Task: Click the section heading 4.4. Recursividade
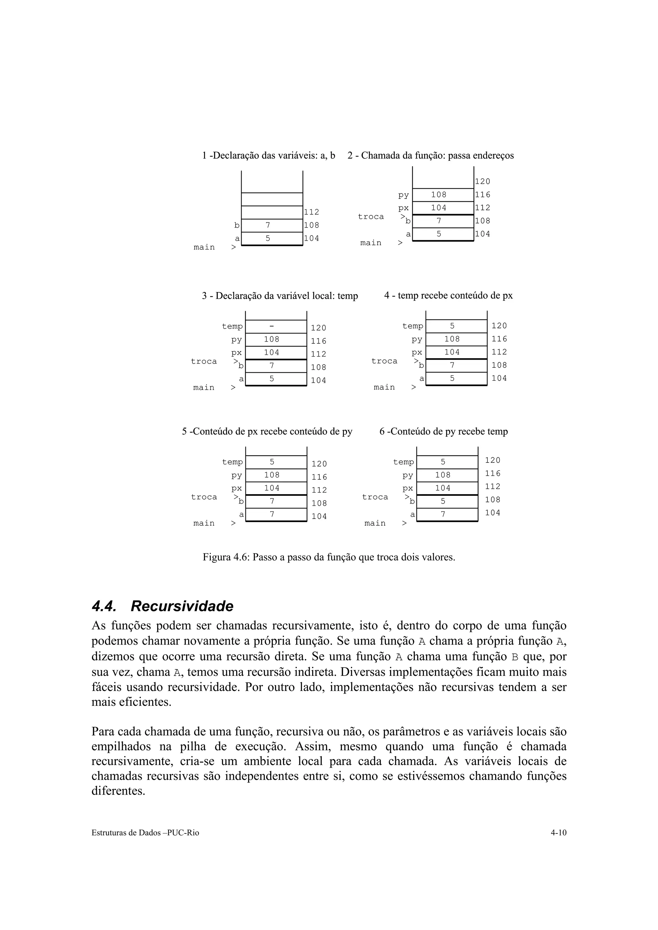(x=162, y=607)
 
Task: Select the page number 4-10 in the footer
(x=558, y=833)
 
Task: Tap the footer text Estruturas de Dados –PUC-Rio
(x=145, y=833)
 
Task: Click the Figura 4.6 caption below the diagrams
(x=329, y=557)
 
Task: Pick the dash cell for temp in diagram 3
(x=276, y=326)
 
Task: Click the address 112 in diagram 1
(x=311, y=212)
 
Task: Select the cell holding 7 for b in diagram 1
(x=271, y=225)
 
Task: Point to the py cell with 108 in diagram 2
(x=443, y=195)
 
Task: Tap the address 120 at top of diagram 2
(x=483, y=181)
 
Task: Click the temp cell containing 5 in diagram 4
(x=456, y=326)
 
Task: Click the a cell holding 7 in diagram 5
(x=276, y=514)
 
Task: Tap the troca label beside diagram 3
(x=204, y=361)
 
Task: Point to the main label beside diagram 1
(x=204, y=247)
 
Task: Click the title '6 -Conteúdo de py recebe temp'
(x=443, y=431)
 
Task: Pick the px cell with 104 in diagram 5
(x=276, y=488)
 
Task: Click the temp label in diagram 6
(x=404, y=462)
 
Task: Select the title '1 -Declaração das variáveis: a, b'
(x=268, y=156)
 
